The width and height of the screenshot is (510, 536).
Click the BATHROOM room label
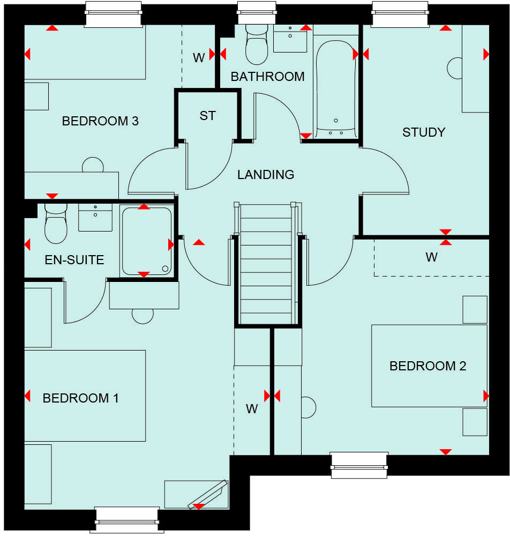(x=267, y=77)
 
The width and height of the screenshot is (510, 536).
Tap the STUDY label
(x=424, y=132)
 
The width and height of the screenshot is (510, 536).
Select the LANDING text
(x=266, y=174)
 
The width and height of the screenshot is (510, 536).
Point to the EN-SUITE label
(x=74, y=260)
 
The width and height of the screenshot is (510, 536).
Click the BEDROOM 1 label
(x=81, y=398)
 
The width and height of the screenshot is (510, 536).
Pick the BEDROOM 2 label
(x=427, y=366)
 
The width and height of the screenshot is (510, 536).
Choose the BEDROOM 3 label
(x=100, y=121)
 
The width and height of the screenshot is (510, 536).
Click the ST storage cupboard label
(x=207, y=116)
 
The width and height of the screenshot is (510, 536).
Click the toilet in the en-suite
(x=56, y=225)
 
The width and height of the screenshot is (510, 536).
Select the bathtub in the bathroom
(x=335, y=88)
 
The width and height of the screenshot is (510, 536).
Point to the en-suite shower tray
(x=146, y=241)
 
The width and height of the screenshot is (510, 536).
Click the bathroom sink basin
(x=290, y=39)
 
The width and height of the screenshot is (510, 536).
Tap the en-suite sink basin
(x=95, y=218)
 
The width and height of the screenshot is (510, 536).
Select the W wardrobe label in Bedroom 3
(x=199, y=58)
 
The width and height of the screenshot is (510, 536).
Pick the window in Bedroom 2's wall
(x=359, y=464)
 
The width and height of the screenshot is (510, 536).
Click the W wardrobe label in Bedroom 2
(x=431, y=257)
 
